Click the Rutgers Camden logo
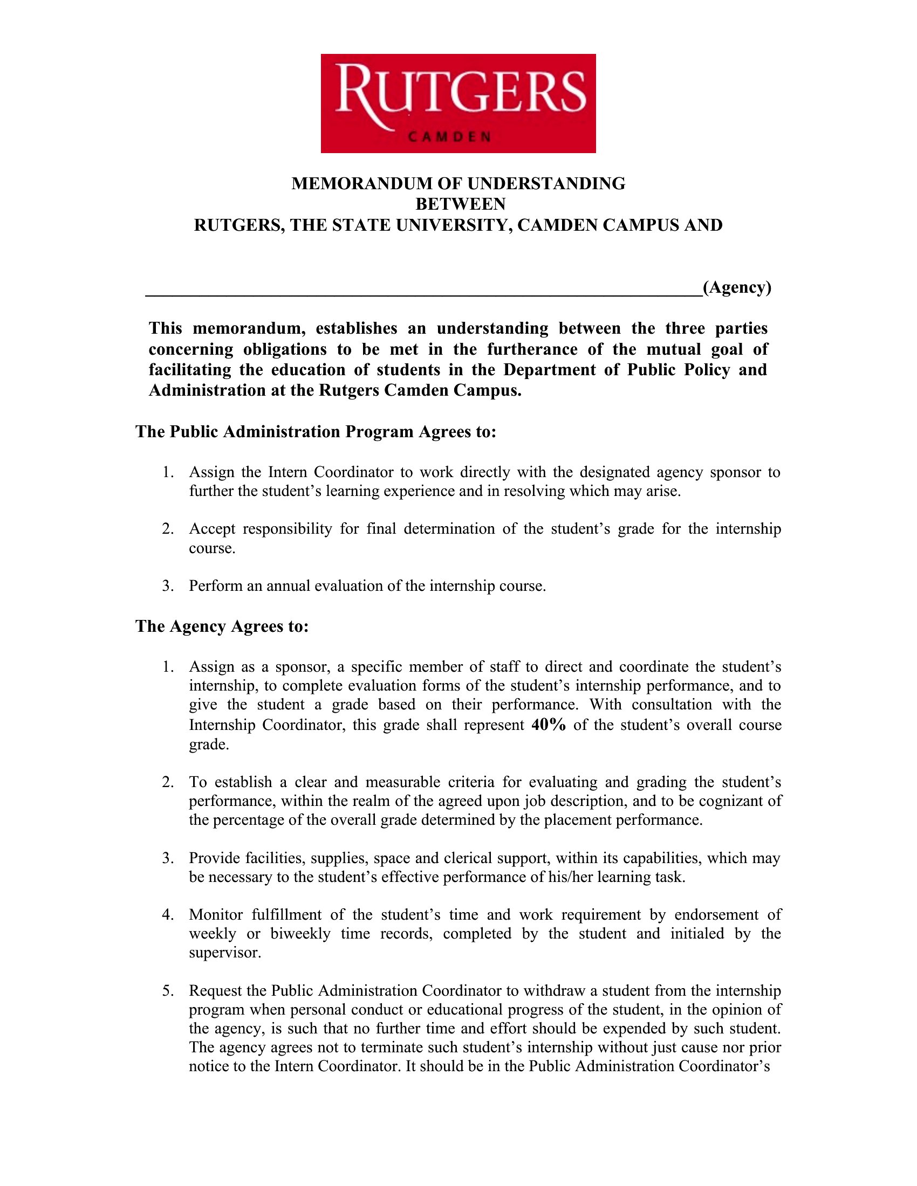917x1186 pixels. tap(458, 103)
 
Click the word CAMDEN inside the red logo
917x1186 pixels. tap(449, 137)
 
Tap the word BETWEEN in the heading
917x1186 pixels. tap(460, 204)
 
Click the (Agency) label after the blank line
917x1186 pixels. tap(737, 287)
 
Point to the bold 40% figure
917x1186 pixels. tap(549, 725)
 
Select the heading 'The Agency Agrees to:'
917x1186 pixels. tap(222, 626)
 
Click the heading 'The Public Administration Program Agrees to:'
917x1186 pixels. tap(316, 431)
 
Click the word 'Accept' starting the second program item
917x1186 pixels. tap(212, 529)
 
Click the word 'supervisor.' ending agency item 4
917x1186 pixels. tap(225, 953)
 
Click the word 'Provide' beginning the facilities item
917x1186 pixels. tap(215, 858)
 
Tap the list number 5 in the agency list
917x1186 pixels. tap(168, 991)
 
